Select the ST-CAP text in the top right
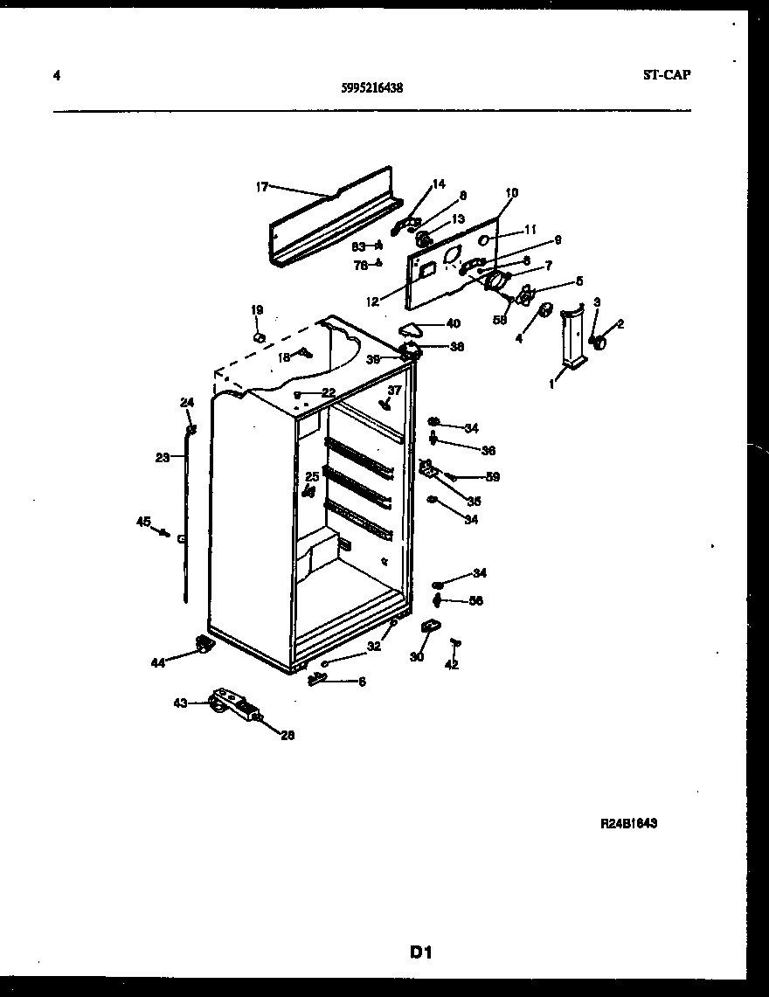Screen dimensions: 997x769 [666, 75]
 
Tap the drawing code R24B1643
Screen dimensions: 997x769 [628, 823]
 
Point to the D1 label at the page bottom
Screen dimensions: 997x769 [422, 952]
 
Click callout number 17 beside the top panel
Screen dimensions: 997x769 [261, 186]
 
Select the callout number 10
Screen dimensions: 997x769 [511, 192]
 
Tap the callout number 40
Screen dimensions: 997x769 [453, 323]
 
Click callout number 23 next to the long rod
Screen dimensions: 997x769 [163, 456]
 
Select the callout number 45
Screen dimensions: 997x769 [143, 522]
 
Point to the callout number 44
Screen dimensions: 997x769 [157, 663]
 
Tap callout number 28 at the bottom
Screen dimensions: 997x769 [288, 735]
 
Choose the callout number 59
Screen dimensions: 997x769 [492, 477]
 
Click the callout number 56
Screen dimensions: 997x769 [475, 600]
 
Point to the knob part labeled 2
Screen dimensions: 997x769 [600, 343]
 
